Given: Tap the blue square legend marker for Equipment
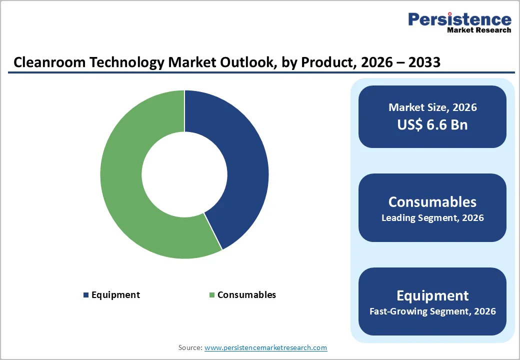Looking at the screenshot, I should (86, 295).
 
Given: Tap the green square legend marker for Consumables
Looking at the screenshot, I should (212, 295).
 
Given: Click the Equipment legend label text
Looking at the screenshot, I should (115, 295).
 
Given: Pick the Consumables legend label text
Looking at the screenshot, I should (246, 295).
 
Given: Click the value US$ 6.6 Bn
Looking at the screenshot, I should (432, 124).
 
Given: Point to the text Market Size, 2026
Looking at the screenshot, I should (432, 107).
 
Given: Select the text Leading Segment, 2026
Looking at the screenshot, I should (432, 218).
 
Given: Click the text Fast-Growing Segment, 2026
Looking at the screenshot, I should (432, 311).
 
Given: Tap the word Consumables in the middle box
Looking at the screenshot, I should (432, 201).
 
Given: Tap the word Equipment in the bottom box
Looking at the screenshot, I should (432, 295).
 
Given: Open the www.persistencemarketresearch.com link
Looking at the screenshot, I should (265, 347).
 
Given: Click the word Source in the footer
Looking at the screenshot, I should (190, 347).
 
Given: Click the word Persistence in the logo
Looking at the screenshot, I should (459, 19).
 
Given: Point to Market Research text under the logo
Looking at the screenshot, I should (479, 30).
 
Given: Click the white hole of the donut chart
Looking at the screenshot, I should (184, 174).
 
